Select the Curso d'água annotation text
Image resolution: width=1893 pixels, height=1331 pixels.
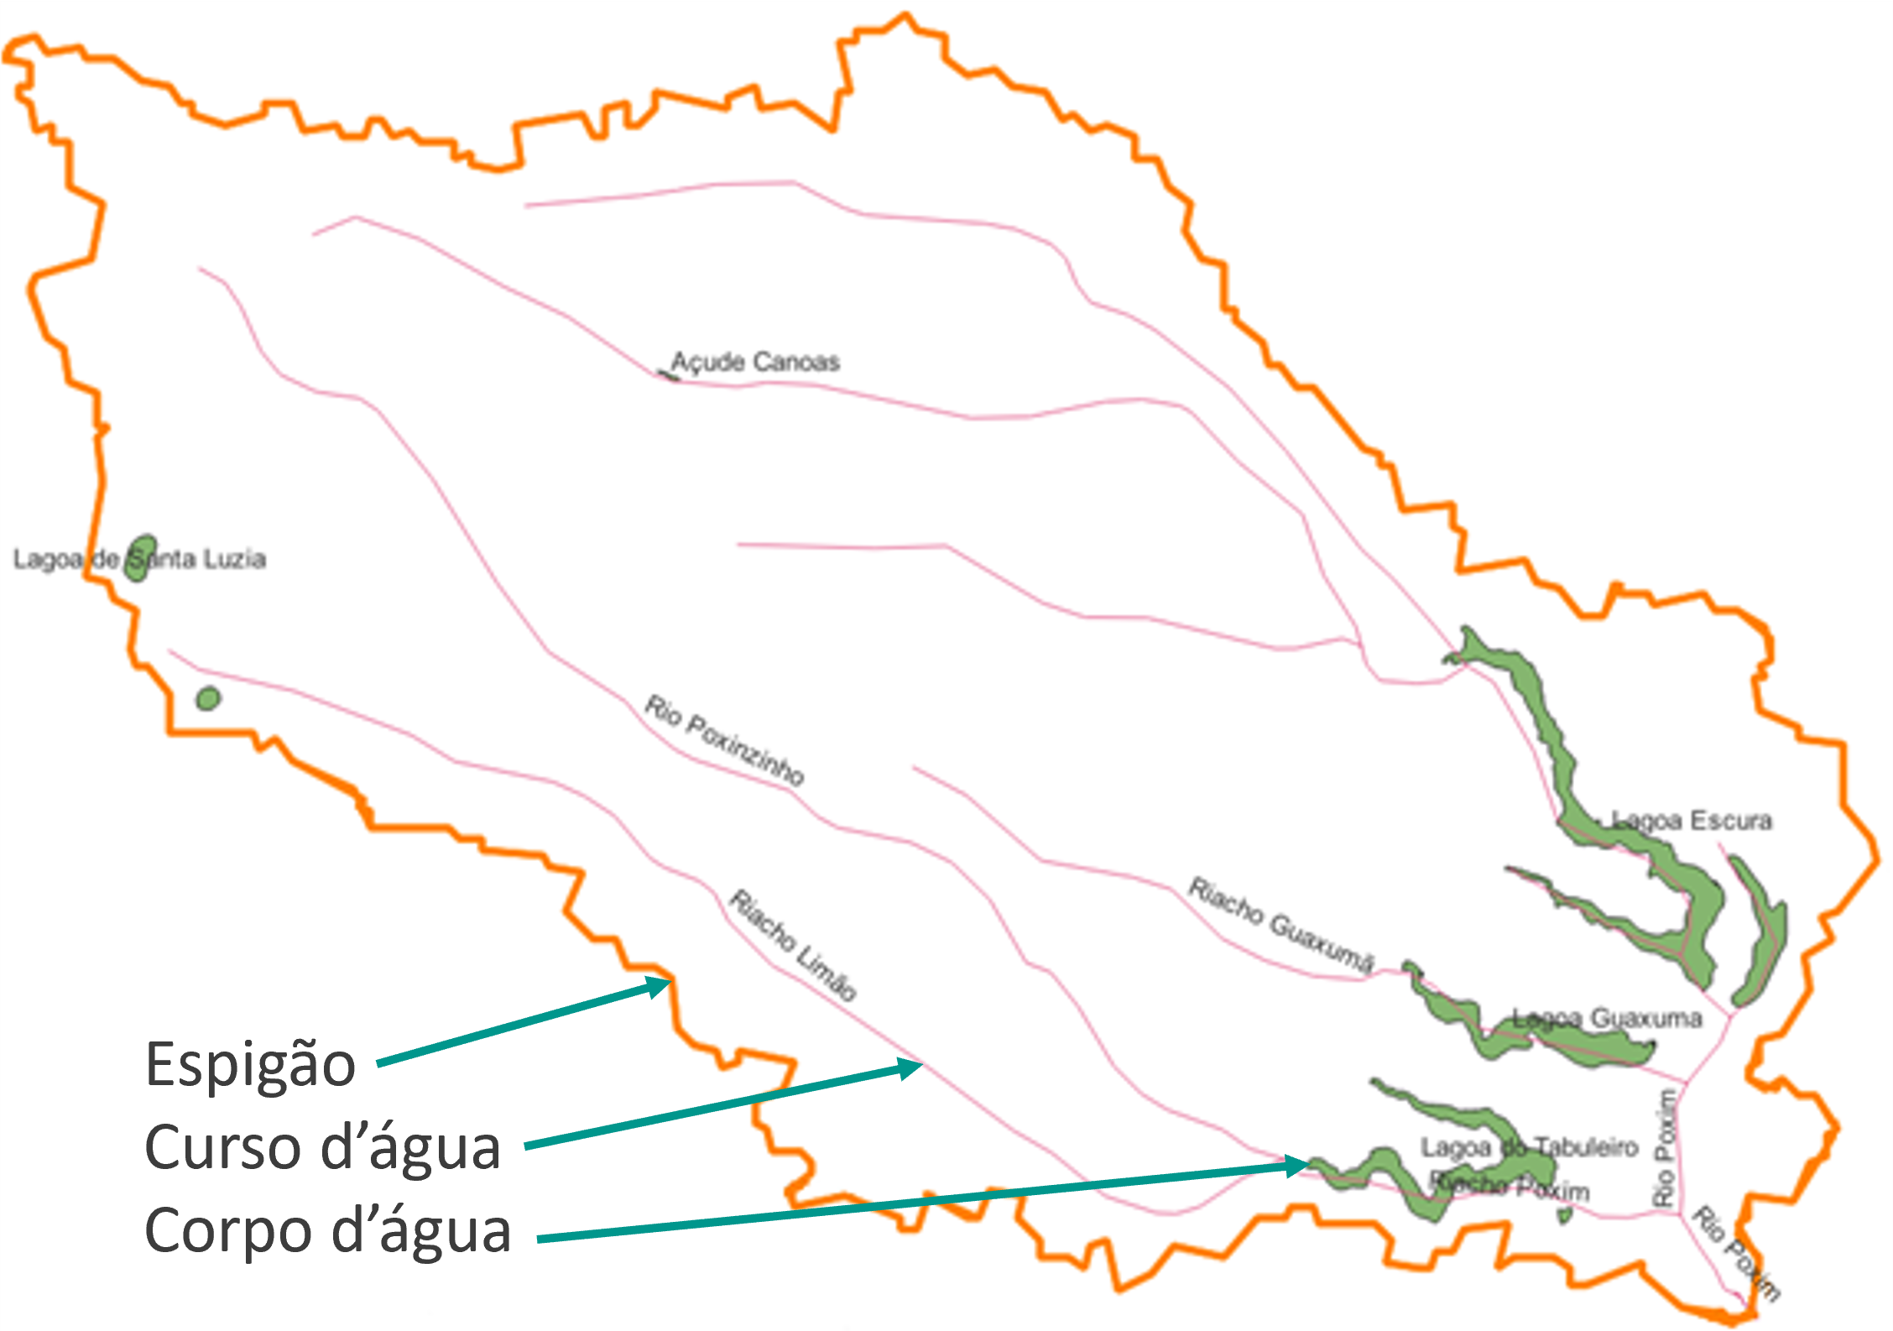point(323,1147)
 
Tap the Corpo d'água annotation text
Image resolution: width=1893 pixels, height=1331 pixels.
point(327,1230)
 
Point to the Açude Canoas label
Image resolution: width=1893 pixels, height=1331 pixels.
point(755,362)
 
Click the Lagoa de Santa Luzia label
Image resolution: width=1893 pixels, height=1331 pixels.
point(139,559)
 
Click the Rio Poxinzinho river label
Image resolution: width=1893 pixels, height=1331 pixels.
point(724,739)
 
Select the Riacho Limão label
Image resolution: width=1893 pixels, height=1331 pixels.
point(793,945)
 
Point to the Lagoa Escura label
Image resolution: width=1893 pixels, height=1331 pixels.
point(1691,820)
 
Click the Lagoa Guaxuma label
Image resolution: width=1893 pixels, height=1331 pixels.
point(1607,1019)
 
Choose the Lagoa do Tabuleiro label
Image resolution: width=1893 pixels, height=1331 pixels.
point(1529,1146)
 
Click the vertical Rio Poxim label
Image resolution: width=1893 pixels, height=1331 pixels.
point(1665,1148)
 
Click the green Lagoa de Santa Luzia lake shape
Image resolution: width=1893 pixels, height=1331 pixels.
point(140,557)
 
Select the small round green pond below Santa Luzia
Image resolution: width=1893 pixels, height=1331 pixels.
point(208,697)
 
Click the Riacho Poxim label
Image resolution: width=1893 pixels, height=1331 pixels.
point(1510,1187)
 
